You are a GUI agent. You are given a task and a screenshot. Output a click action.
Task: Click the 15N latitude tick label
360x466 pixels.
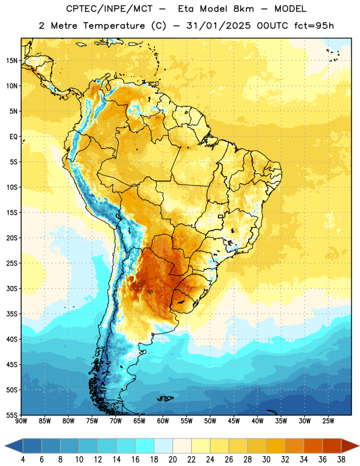point(12,61)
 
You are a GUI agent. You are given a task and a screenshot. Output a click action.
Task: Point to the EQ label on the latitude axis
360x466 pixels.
point(13,137)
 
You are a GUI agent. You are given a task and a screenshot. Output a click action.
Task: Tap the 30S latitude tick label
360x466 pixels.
point(12,288)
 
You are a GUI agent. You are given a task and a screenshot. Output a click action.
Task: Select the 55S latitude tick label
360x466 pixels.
point(12,415)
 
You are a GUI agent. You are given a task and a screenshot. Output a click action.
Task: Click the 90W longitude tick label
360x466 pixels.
point(21,421)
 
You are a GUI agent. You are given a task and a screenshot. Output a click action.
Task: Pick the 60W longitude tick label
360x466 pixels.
point(163,421)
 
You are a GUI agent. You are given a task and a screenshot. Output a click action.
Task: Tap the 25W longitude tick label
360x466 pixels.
point(328,421)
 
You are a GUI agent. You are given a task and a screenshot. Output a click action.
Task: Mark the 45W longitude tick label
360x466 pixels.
point(234,421)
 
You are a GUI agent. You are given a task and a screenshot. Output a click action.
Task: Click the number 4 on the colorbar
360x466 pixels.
point(23,460)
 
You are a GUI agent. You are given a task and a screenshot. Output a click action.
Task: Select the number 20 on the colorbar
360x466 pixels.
point(172,460)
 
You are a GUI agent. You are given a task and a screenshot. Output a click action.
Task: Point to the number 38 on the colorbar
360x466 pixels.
point(341,460)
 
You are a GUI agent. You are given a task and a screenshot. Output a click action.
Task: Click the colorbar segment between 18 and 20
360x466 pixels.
point(164,446)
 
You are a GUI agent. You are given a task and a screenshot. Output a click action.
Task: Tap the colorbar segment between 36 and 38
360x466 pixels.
point(332,446)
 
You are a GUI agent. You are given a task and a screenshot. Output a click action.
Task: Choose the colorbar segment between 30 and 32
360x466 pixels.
point(276,446)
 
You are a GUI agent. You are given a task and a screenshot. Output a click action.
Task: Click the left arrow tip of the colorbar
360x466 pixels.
point(5,446)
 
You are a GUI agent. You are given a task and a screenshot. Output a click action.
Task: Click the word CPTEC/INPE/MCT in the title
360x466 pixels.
point(110,9)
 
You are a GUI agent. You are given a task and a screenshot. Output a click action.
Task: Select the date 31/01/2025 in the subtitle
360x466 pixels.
point(218,26)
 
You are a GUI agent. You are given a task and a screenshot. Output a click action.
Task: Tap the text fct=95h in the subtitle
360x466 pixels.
point(314,26)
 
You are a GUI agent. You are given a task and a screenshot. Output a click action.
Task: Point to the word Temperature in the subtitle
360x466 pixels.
point(114,26)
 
